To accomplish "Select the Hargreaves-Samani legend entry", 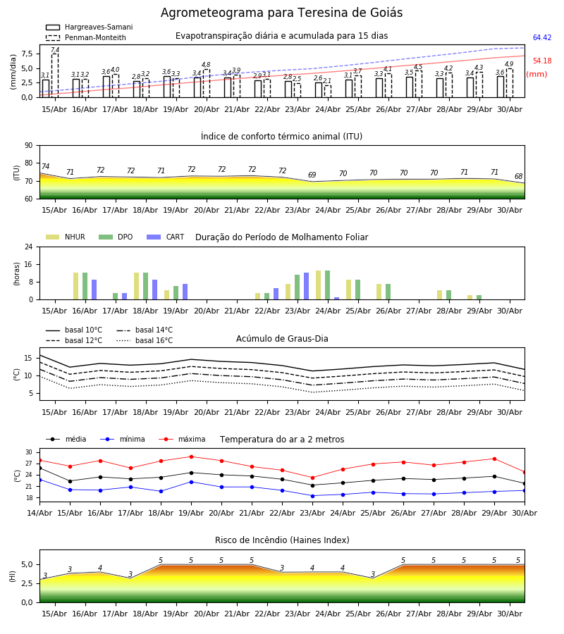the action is pos(89,27).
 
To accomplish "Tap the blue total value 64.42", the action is pos(542,37).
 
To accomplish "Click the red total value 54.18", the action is pos(542,61).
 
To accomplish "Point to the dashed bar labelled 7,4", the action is pos(55,75).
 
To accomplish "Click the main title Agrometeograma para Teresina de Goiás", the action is pos(281,13).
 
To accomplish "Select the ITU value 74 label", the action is pos(45,166).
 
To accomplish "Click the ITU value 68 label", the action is pos(518,176).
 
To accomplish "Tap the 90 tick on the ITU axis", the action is pos(29,145).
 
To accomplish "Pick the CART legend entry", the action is pos(165,237).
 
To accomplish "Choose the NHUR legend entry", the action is pos(66,237).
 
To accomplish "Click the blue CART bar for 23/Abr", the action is pos(306,286).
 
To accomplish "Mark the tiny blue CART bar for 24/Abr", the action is pos(336,299).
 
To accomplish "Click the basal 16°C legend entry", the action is pos(145,340).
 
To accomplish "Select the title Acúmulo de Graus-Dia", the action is pos(282,338).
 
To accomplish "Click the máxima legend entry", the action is pos(182,439).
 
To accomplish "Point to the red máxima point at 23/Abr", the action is pos(312,478).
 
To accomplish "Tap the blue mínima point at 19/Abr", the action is pos(191,482).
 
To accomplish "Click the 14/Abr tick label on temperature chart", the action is pos(39,513).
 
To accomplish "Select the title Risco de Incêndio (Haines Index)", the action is pos(282,540).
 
